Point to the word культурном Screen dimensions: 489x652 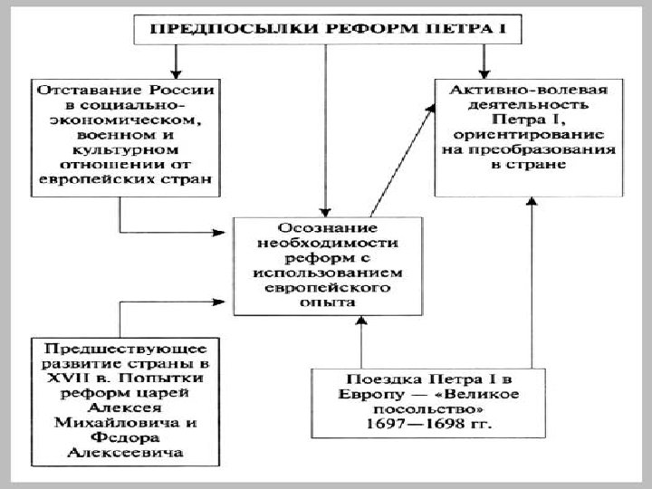(x=125, y=149)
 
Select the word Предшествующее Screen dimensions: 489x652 (x=125, y=348)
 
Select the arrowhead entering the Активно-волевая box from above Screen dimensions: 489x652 (x=484, y=71)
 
